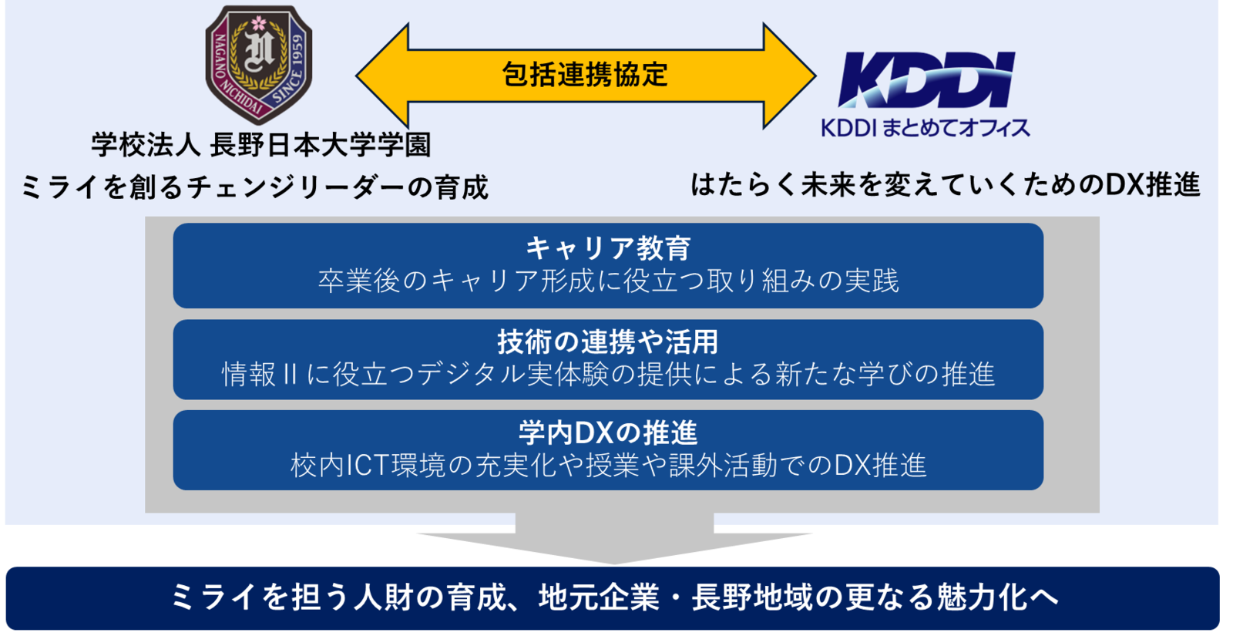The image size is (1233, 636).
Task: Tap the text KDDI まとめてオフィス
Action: click(925, 128)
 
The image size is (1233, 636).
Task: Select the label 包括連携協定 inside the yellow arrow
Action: click(585, 75)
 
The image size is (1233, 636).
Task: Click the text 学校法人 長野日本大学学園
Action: click(261, 145)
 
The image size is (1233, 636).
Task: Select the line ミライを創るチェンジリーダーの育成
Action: click(254, 187)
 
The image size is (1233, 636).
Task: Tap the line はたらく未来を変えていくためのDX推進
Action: click(945, 185)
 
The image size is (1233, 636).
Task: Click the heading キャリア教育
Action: click(608, 248)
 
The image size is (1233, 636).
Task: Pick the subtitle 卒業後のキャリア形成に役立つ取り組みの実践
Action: click(608, 281)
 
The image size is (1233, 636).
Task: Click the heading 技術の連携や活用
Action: click(608, 342)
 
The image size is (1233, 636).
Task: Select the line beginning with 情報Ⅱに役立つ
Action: click(608, 375)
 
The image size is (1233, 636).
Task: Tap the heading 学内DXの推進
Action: click(608, 432)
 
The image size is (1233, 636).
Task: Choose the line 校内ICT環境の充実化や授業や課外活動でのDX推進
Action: click(608, 466)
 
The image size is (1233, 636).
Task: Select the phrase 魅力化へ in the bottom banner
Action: click(997, 597)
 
